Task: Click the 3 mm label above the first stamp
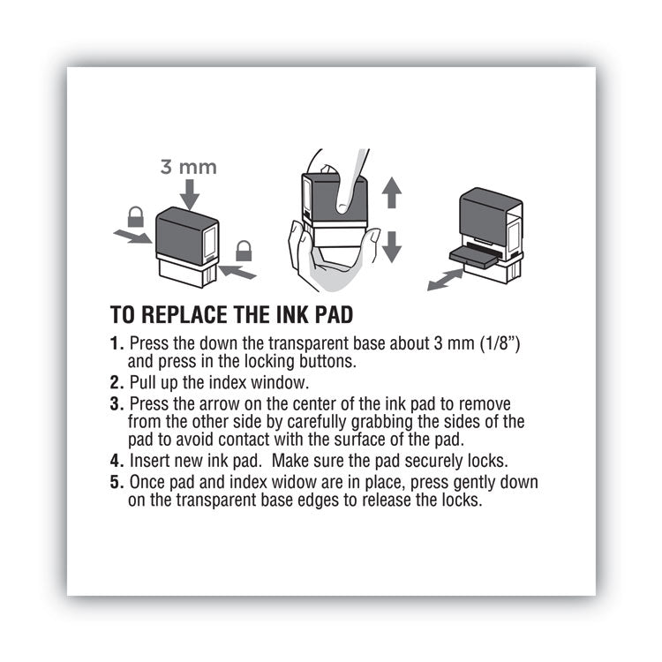187,166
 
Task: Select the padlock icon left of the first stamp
136,216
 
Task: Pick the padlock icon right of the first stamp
244,252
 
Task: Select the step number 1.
115,342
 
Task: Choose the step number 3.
115,402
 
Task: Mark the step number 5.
115,483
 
